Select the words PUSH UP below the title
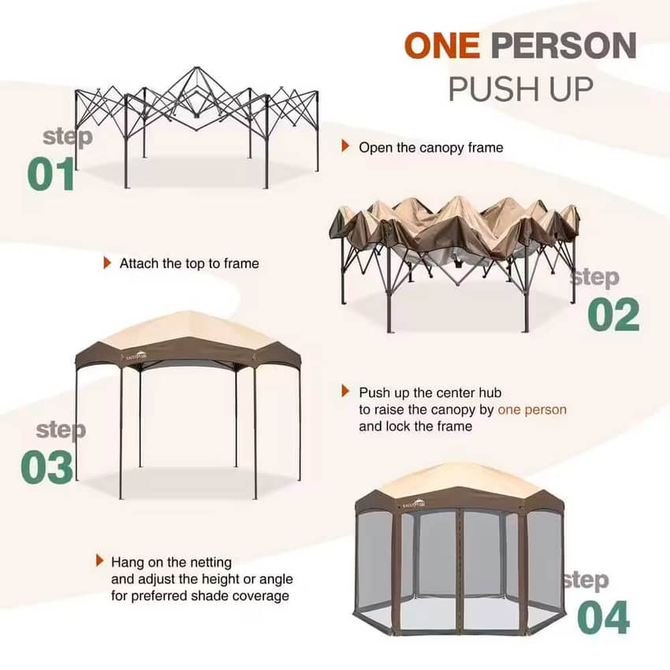[521, 89]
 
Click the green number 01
[51, 173]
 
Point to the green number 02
[613, 315]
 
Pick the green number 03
[47, 467]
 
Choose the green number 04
[603, 617]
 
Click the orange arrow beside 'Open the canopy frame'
[345, 146]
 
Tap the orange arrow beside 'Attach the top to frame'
[107, 262]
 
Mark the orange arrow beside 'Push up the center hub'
[345, 391]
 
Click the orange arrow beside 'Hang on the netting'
[99, 560]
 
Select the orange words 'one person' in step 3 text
[532, 409]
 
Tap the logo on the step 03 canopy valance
[136, 355]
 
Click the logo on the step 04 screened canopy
[414, 504]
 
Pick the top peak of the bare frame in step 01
[196, 68]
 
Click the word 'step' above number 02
[594, 278]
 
